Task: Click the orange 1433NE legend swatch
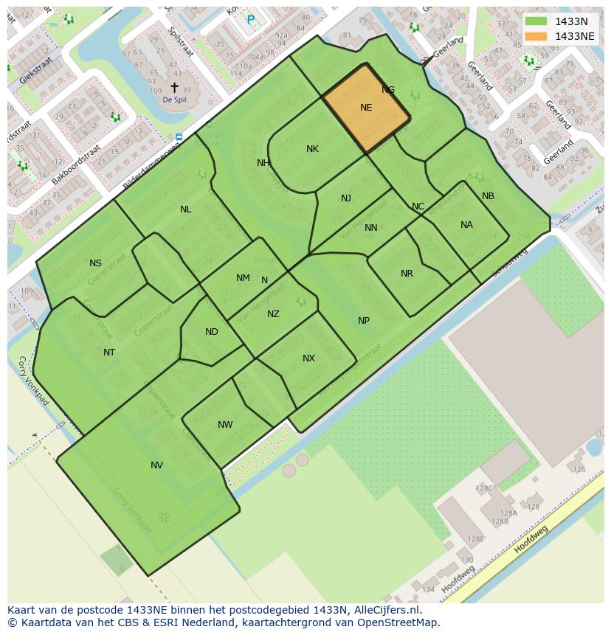(x=536, y=36)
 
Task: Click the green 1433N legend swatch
(x=536, y=21)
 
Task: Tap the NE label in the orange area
(x=366, y=108)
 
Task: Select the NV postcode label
(x=156, y=465)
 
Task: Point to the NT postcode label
(x=109, y=353)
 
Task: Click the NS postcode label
(x=95, y=263)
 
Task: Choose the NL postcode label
(x=185, y=209)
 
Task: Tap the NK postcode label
(x=312, y=149)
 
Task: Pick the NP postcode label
(x=364, y=321)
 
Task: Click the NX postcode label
(x=308, y=358)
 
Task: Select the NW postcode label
(x=225, y=425)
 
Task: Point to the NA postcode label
(x=466, y=225)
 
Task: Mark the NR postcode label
(x=407, y=274)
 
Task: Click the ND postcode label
(x=212, y=332)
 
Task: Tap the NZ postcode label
(x=273, y=314)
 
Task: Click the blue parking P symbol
(x=251, y=20)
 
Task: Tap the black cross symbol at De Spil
(x=174, y=87)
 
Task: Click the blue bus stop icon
(x=179, y=137)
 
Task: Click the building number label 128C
(x=484, y=488)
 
